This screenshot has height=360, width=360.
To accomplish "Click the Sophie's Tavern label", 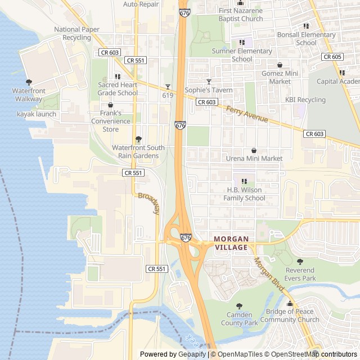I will (209, 90).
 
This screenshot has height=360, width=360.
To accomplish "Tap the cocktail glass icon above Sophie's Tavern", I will (209, 82).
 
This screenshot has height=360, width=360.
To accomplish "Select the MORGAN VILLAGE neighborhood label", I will (231, 243).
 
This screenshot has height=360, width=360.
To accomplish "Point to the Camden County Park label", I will (239, 319).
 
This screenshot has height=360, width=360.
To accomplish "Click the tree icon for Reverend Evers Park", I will (300, 262).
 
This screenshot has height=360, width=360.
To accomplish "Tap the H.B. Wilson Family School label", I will (244, 194).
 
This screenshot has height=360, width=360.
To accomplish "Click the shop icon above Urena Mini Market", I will (254, 151).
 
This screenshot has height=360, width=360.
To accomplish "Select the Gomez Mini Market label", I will (280, 78).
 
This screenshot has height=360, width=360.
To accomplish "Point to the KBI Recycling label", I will (305, 100).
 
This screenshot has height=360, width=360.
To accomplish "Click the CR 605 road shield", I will (332, 57).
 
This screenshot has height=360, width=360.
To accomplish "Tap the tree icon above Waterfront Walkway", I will (29, 82).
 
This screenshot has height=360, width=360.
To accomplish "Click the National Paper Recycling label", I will (76, 33).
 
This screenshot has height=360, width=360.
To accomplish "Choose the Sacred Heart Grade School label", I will (118, 89).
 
